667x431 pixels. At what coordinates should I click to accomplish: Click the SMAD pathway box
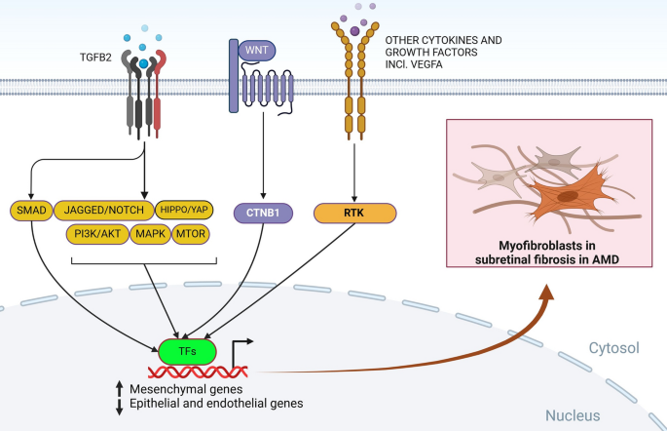(31, 211)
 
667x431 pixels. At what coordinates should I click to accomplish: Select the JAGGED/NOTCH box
(104, 210)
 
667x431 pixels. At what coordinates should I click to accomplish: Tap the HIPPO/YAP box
(184, 210)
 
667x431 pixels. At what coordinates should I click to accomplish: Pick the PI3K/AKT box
(97, 234)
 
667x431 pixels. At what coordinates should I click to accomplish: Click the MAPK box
(150, 234)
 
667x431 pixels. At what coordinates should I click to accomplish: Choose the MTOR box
(191, 234)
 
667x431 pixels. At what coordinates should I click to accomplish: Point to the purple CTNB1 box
(263, 213)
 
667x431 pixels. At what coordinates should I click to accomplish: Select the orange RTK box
(354, 213)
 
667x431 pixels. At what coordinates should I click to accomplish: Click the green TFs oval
(187, 352)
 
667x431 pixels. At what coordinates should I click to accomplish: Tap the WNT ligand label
(257, 51)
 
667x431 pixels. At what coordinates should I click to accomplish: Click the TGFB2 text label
(95, 58)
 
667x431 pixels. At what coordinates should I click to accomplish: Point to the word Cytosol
(613, 348)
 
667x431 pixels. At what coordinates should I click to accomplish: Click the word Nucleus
(573, 415)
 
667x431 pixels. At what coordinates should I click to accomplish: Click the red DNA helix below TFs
(198, 372)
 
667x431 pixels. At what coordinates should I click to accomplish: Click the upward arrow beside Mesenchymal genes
(120, 388)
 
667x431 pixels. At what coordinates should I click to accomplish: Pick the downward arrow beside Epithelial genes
(120, 407)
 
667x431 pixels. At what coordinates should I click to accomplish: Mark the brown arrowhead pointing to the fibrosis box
(547, 293)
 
